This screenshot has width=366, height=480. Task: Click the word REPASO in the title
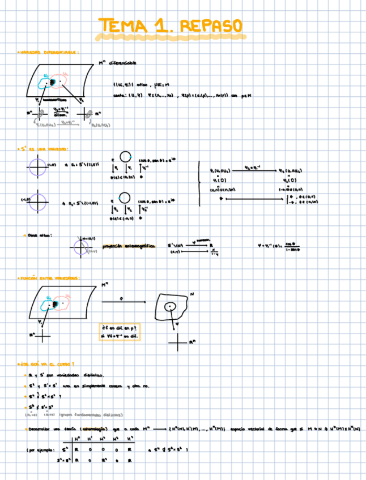tap(212, 26)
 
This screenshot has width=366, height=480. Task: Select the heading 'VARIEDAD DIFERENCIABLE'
tap(48, 52)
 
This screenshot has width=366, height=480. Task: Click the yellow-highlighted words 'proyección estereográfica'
tap(128, 246)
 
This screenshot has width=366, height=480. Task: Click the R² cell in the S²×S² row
tap(103, 461)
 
